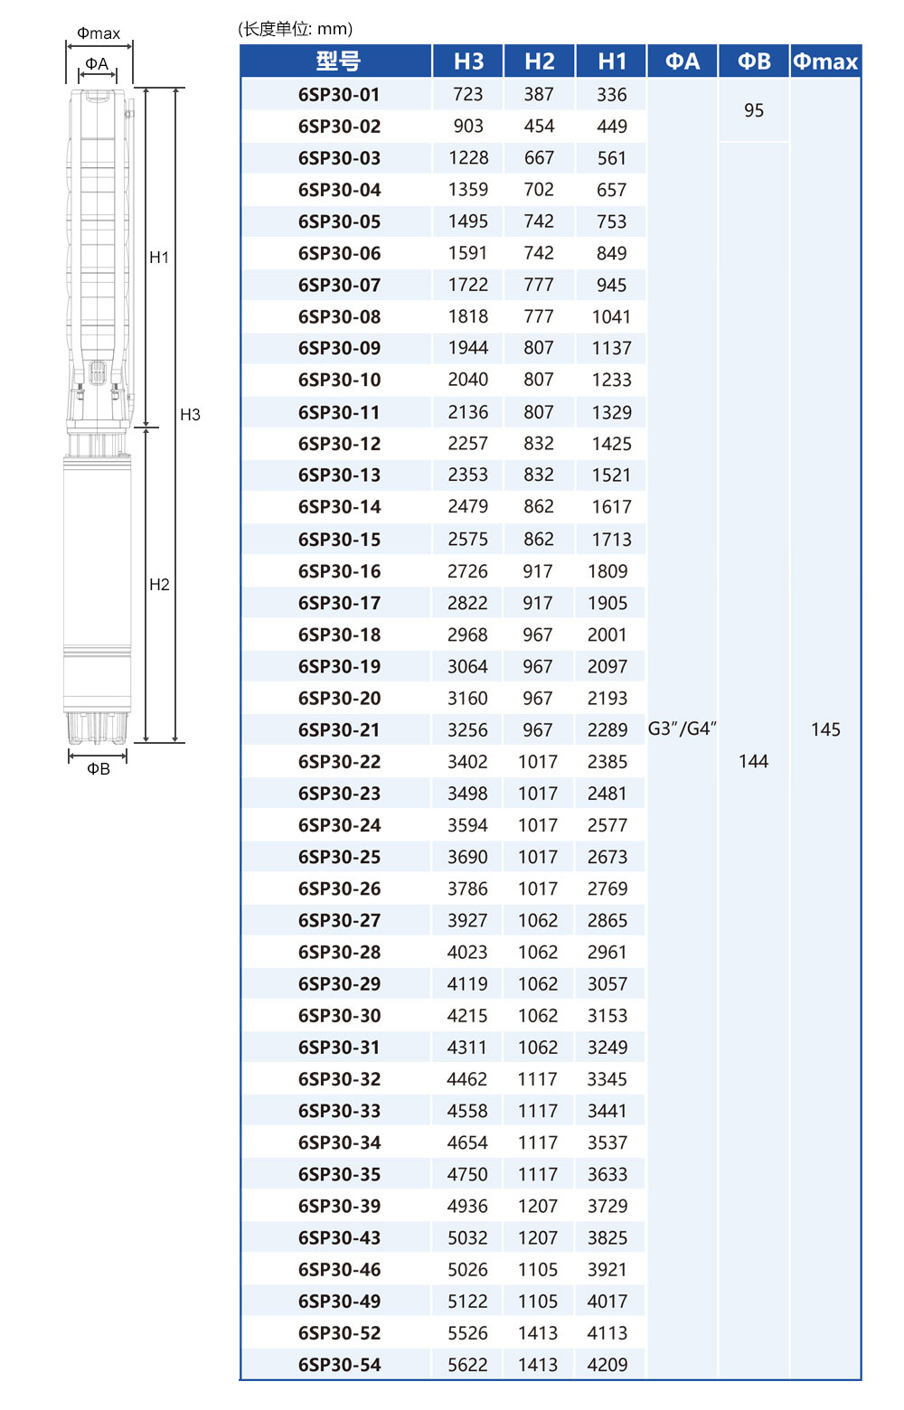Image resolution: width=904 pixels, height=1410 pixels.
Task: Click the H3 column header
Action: [x=468, y=61]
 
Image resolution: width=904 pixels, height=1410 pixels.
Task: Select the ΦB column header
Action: [x=754, y=61]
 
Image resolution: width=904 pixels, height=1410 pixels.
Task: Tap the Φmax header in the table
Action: [x=825, y=61]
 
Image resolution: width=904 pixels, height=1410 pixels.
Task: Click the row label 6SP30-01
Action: [x=339, y=94]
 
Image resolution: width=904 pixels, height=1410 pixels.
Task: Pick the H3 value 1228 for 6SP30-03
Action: [x=468, y=157]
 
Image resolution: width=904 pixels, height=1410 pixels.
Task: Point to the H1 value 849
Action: [x=611, y=253]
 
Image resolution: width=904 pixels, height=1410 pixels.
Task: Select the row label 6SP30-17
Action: [x=339, y=603]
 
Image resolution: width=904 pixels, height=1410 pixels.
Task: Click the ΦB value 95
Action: [x=754, y=110]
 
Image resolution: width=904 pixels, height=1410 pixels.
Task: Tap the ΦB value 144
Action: [x=754, y=761]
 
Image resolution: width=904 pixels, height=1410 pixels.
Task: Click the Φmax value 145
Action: [x=825, y=729]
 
